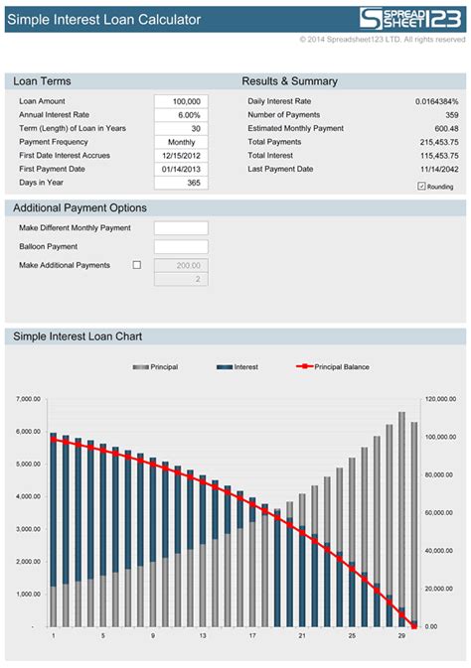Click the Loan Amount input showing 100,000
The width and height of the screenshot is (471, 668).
click(x=181, y=101)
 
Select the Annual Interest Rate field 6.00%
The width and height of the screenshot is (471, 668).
click(x=181, y=115)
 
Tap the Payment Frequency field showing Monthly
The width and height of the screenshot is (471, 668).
click(x=181, y=142)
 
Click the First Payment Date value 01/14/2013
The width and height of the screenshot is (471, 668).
click(x=181, y=169)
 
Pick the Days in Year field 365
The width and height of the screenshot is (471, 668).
click(x=181, y=183)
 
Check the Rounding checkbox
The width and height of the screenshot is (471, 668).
click(x=421, y=187)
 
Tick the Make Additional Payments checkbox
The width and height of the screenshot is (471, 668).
click(x=137, y=265)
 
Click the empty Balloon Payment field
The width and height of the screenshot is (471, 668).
click(x=181, y=246)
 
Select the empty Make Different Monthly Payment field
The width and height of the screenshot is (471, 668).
click(x=181, y=228)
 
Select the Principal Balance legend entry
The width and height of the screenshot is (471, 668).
click(x=333, y=367)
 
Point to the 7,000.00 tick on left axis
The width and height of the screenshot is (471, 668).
click(x=28, y=399)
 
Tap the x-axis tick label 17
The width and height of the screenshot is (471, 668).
click(x=252, y=635)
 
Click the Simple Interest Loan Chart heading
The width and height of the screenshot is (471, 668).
click(x=78, y=337)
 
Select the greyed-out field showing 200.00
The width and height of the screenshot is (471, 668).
click(x=181, y=265)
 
